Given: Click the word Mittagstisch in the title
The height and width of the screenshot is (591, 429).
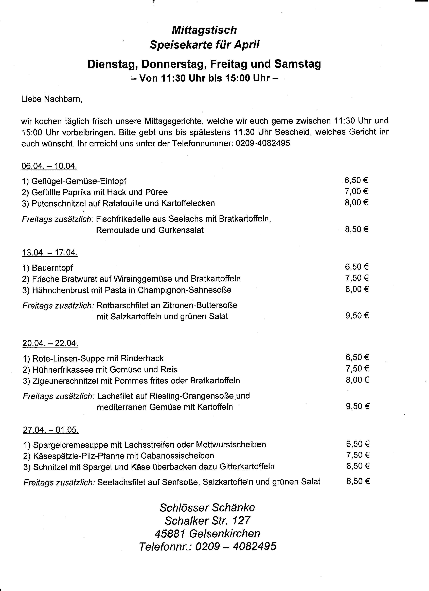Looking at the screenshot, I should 204,30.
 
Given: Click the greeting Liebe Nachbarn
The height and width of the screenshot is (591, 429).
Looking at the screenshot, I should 51,99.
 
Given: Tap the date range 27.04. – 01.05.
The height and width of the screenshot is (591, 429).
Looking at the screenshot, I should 51,430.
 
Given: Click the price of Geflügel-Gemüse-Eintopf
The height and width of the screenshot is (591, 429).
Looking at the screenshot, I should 356,180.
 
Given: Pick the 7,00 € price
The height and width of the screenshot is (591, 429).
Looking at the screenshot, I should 356,192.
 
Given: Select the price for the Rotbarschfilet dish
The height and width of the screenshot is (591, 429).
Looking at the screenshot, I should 357,316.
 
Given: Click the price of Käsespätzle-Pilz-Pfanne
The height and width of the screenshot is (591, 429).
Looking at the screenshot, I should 358,455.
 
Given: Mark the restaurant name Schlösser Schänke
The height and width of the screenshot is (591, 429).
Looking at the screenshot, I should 207,508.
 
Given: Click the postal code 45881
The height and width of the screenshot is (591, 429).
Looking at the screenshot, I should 170,534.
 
